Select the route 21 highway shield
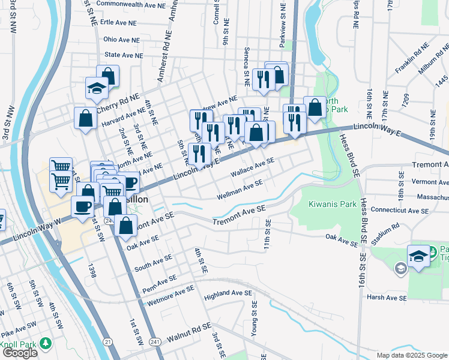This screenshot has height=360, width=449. coord(107,341)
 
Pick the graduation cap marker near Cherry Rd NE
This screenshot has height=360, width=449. coord(96,89)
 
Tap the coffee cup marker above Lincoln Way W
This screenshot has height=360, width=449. coord(83,206)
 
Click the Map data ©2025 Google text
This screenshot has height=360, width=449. coord(412,355)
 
